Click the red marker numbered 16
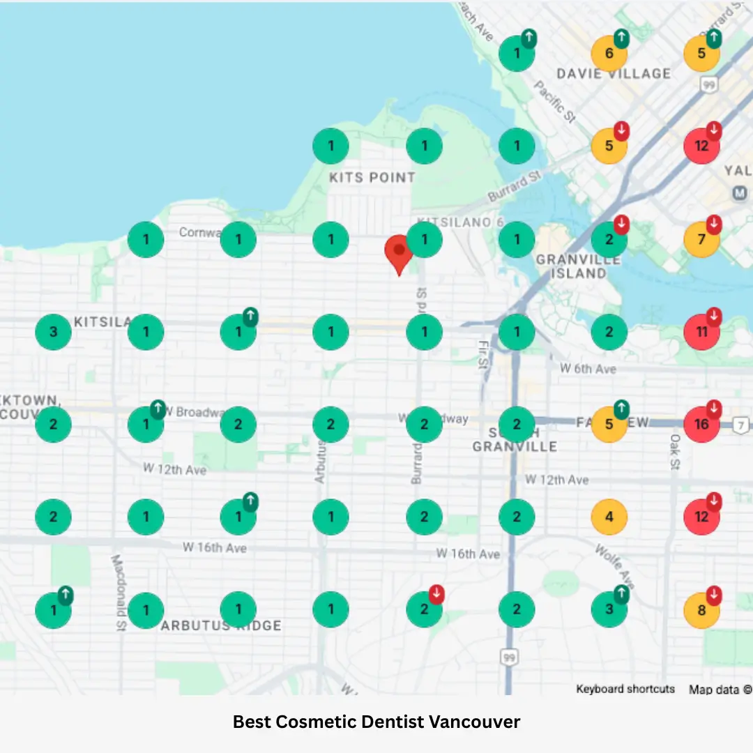(x=701, y=424)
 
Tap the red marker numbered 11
(x=701, y=332)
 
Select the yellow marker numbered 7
(x=701, y=240)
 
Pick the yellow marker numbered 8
(x=701, y=610)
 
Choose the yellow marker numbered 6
(x=609, y=54)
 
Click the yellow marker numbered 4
(x=609, y=517)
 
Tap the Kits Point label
(x=372, y=178)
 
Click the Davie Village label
(x=614, y=74)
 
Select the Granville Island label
(x=579, y=266)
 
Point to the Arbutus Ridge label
(x=221, y=625)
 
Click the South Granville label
(x=515, y=439)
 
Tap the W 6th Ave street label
(x=588, y=369)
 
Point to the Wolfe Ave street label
(x=616, y=565)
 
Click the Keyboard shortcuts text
(x=625, y=689)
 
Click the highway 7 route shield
(x=742, y=425)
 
